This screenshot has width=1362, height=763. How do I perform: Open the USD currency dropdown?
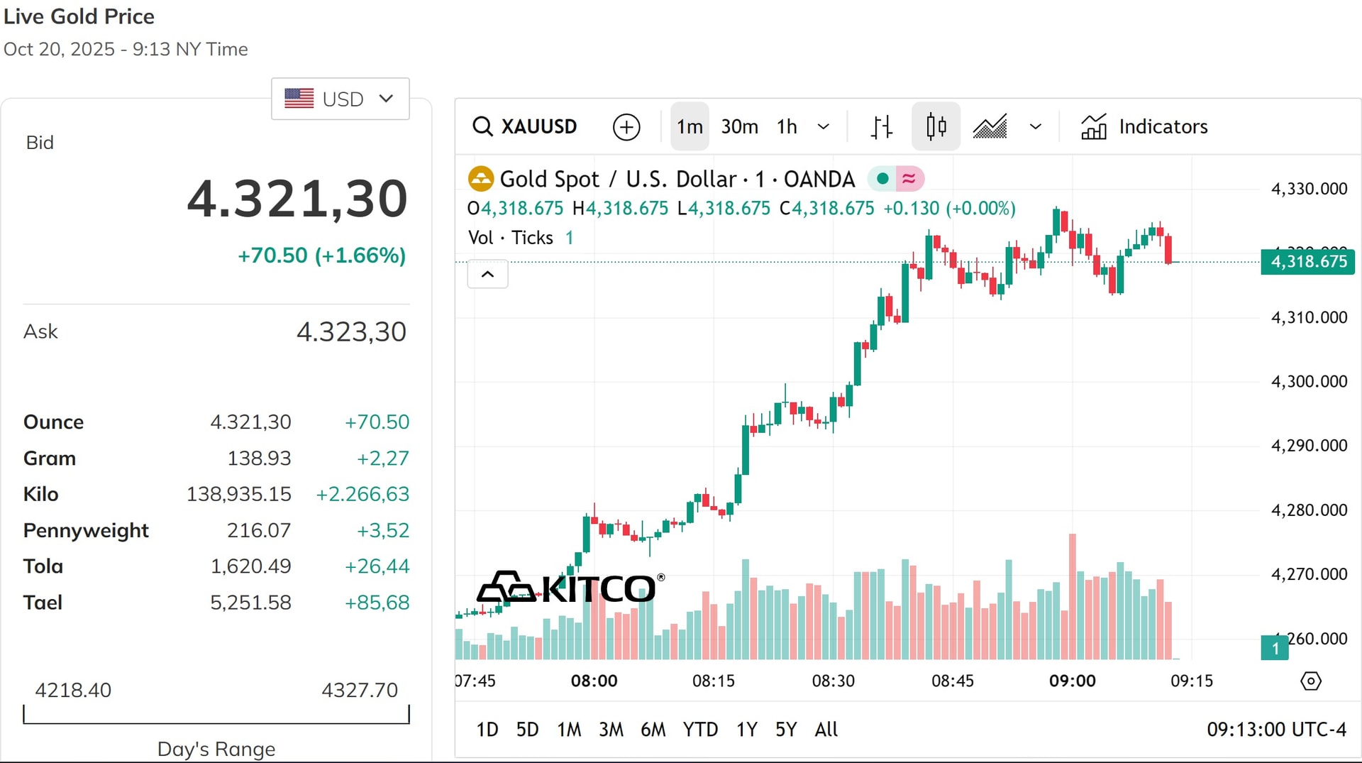point(340,99)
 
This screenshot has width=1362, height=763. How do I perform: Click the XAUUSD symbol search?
point(525,126)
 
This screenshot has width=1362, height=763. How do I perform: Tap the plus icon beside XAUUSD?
point(626,127)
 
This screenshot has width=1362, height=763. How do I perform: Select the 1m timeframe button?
point(690,126)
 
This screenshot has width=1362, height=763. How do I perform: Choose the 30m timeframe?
point(739,126)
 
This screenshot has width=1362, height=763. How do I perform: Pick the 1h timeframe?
point(787,126)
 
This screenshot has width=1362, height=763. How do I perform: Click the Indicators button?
point(1144,126)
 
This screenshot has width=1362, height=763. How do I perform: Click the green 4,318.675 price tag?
point(1307,261)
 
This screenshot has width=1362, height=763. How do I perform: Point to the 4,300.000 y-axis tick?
point(1309,381)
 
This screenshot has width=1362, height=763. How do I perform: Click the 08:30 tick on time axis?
point(833,681)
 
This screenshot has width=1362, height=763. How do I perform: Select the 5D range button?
point(527,729)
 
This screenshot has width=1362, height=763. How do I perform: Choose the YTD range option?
point(700,729)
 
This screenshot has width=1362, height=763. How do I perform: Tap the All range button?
point(826,729)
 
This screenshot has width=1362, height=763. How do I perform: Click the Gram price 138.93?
point(259,458)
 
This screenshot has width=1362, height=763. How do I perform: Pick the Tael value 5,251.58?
point(250,602)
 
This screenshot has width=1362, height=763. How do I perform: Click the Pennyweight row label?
point(86,530)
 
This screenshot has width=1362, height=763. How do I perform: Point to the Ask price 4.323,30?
point(351,331)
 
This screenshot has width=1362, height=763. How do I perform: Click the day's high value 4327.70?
point(360,689)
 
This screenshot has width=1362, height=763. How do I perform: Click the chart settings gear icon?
point(1310,681)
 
